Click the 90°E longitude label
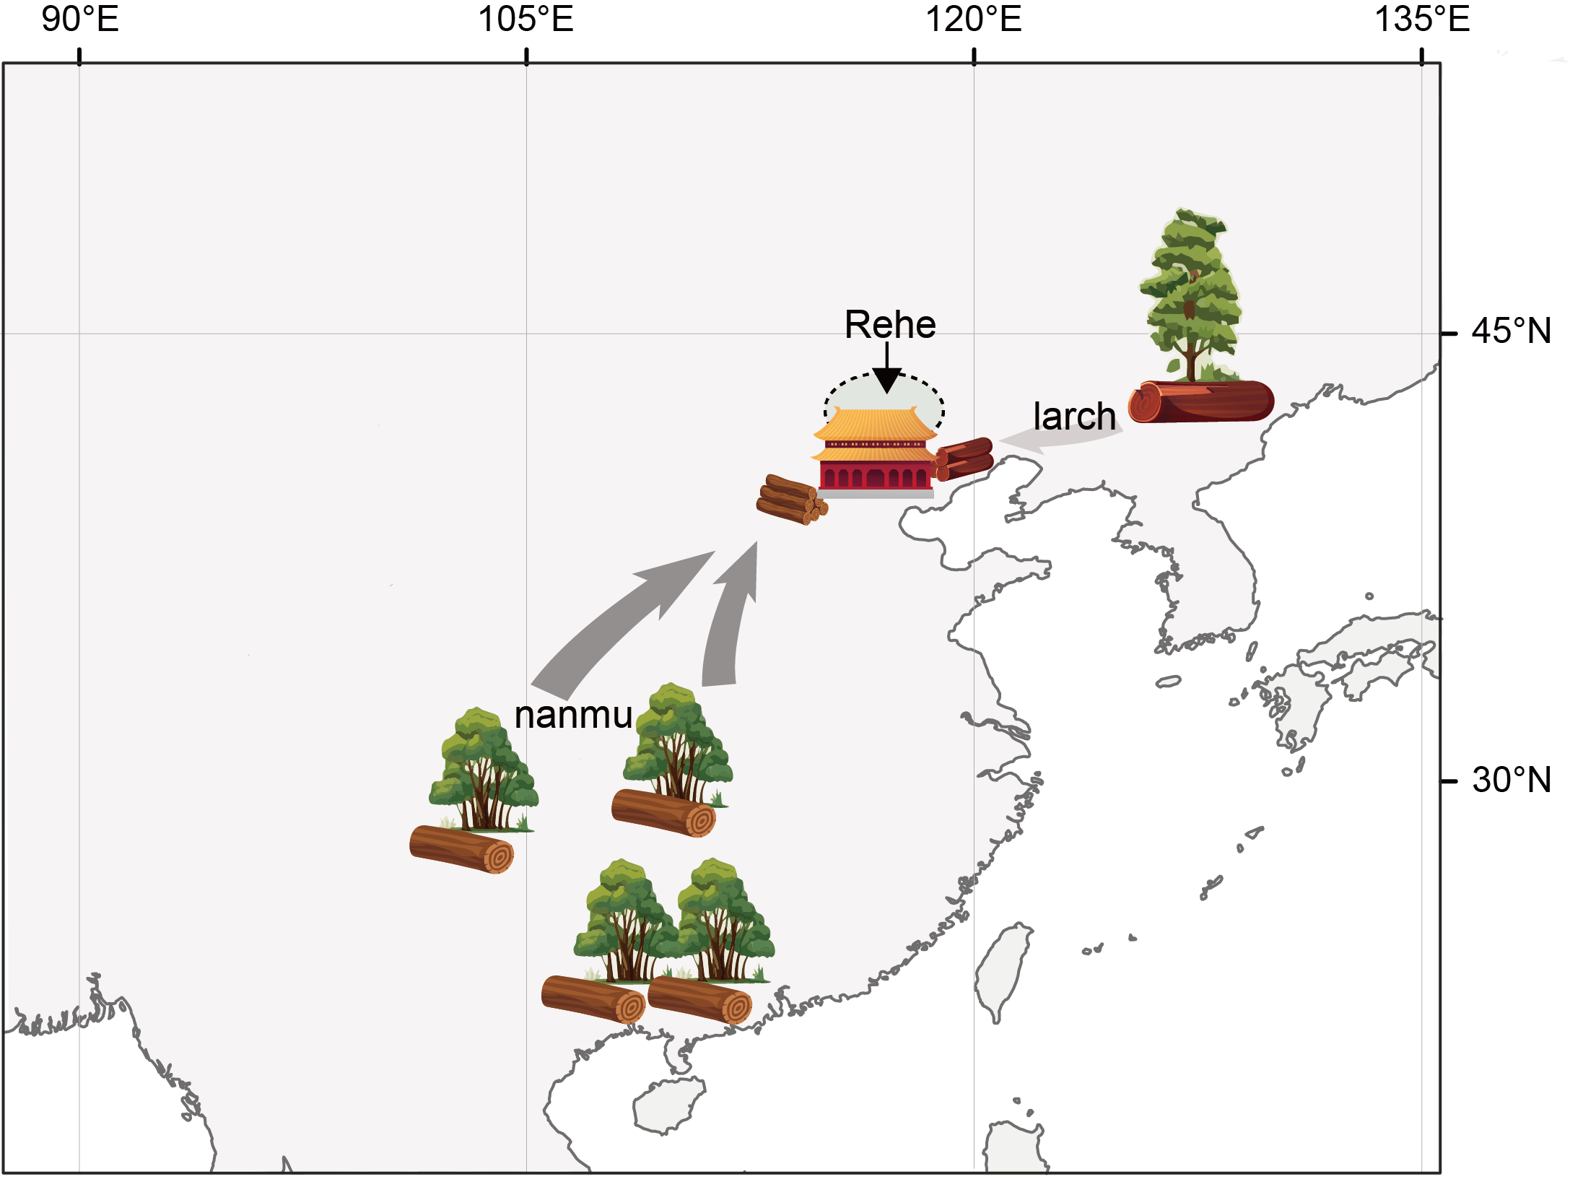(79, 19)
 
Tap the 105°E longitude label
(525, 19)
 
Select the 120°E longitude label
(973, 19)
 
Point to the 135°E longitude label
(1421, 19)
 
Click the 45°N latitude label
(1511, 331)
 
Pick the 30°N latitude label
(1511, 781)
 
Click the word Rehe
(890, 325)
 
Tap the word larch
(1074, 417)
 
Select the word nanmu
(573, 716)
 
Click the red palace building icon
(875, 453)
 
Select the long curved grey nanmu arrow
(621, 621)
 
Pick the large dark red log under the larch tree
(1202, 402)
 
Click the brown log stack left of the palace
(790, 500)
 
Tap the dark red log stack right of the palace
(964, 458)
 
